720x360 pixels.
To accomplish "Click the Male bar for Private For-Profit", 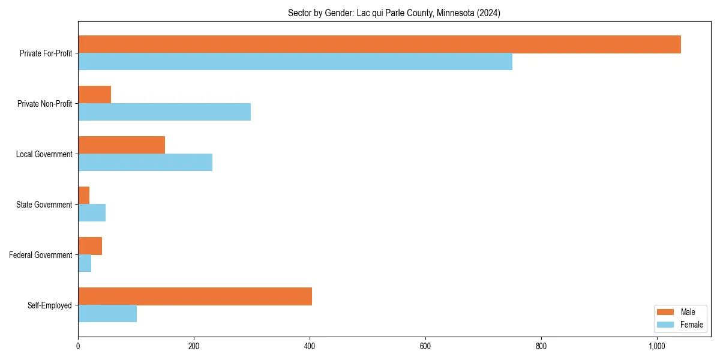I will point(379,44).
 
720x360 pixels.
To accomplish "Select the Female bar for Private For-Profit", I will point(295,62).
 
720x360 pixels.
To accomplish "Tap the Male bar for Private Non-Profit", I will point(94,95).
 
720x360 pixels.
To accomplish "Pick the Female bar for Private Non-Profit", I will point(164,112).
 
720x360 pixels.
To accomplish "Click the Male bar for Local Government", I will point(121,145).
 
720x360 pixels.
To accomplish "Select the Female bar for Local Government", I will point(145,163).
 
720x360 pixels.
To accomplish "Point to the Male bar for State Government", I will point(84,196).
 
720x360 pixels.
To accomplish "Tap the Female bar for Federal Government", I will point(85,263).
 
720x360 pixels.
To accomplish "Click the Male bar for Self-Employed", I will point(195,296).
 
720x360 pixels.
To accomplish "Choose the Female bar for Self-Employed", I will point(107,314).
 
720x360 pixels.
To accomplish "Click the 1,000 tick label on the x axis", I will point(657,346).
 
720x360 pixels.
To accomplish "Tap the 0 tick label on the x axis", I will point(78,346).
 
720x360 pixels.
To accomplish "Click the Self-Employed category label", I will point(49,305).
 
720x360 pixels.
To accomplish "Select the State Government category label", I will point(44,205).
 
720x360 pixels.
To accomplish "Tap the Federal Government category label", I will point(41,255).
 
